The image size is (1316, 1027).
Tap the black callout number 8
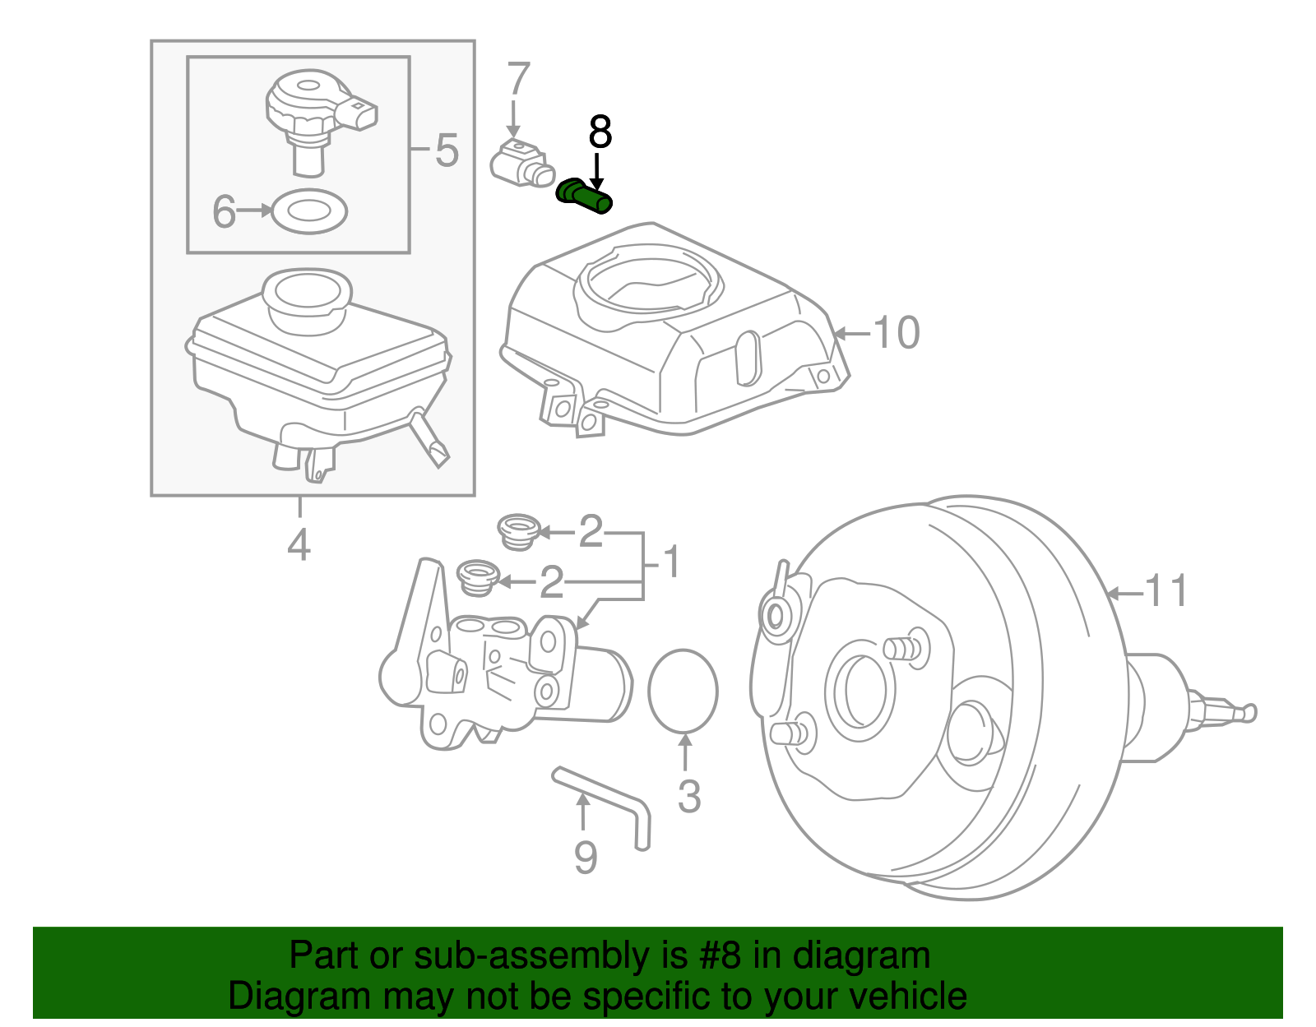[x=600, y=132]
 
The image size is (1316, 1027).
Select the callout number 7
[x=518, y=80]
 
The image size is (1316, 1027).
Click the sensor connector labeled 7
[x=523, y=164]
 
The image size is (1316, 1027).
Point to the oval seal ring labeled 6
[x=309, y=211]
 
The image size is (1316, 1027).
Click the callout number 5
[x=446, y=150]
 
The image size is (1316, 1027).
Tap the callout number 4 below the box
[x=299, y=544]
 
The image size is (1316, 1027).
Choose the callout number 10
[x=897, y=333]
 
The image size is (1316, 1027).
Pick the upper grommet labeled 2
[x=518, y=531]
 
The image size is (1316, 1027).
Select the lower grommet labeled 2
[x=476, y=577]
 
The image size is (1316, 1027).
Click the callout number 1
[x=672, y=562]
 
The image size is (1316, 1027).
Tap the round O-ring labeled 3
[x=683, y=691]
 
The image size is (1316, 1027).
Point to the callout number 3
[x=689, y=796]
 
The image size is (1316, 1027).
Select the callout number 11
[x=1166, y=591]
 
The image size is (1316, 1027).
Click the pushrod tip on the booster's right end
[x=1249, y=712]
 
